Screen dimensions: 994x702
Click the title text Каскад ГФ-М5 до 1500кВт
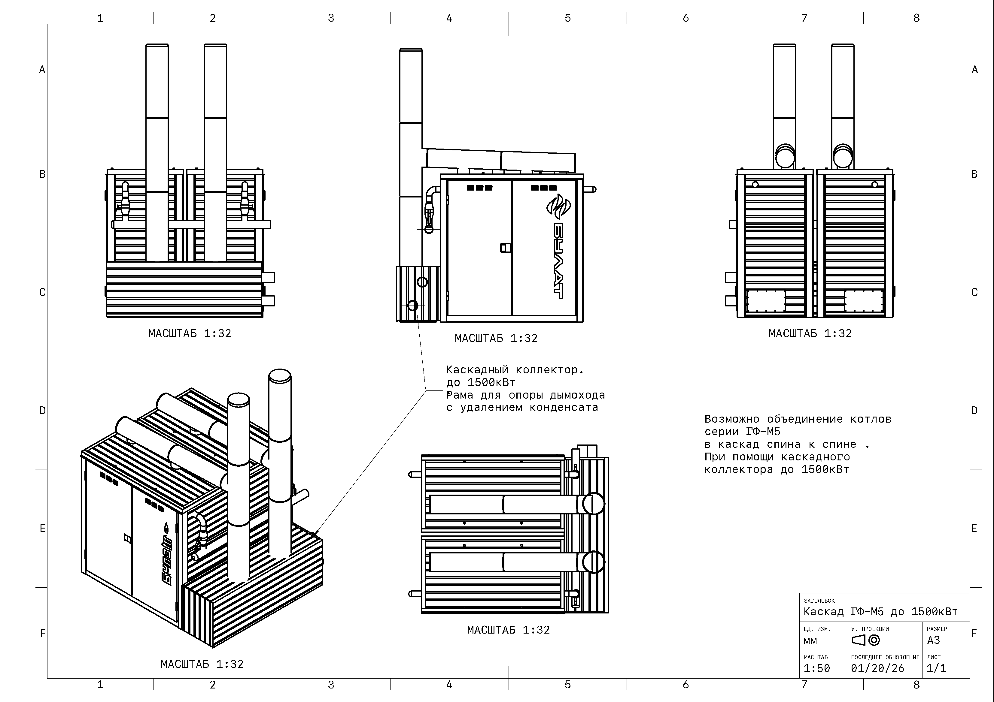coord(880,612)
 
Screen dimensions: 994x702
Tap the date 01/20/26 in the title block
coord(877,668)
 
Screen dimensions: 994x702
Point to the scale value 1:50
coord(817,668)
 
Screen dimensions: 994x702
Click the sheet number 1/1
coord(936,668)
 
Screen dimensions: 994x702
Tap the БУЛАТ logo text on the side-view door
coord(558,261)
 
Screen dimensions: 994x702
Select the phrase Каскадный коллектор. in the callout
coord(515,370)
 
